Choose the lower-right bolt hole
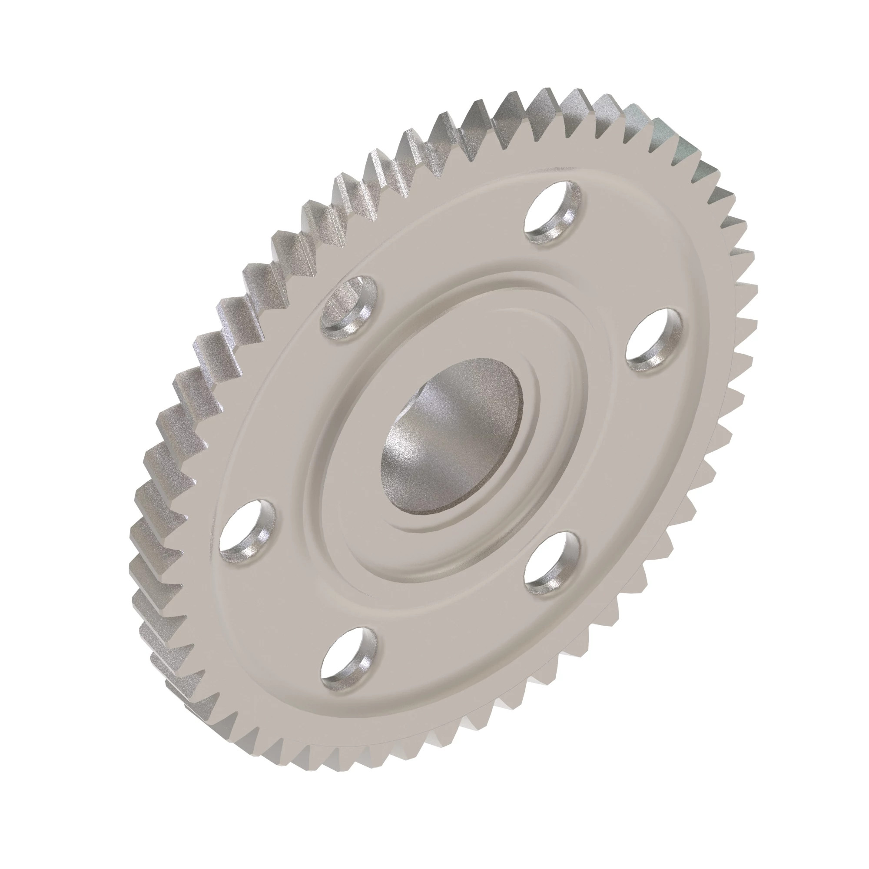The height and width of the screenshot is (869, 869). pos(552,562)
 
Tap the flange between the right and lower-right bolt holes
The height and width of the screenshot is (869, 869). pos(616,459)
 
